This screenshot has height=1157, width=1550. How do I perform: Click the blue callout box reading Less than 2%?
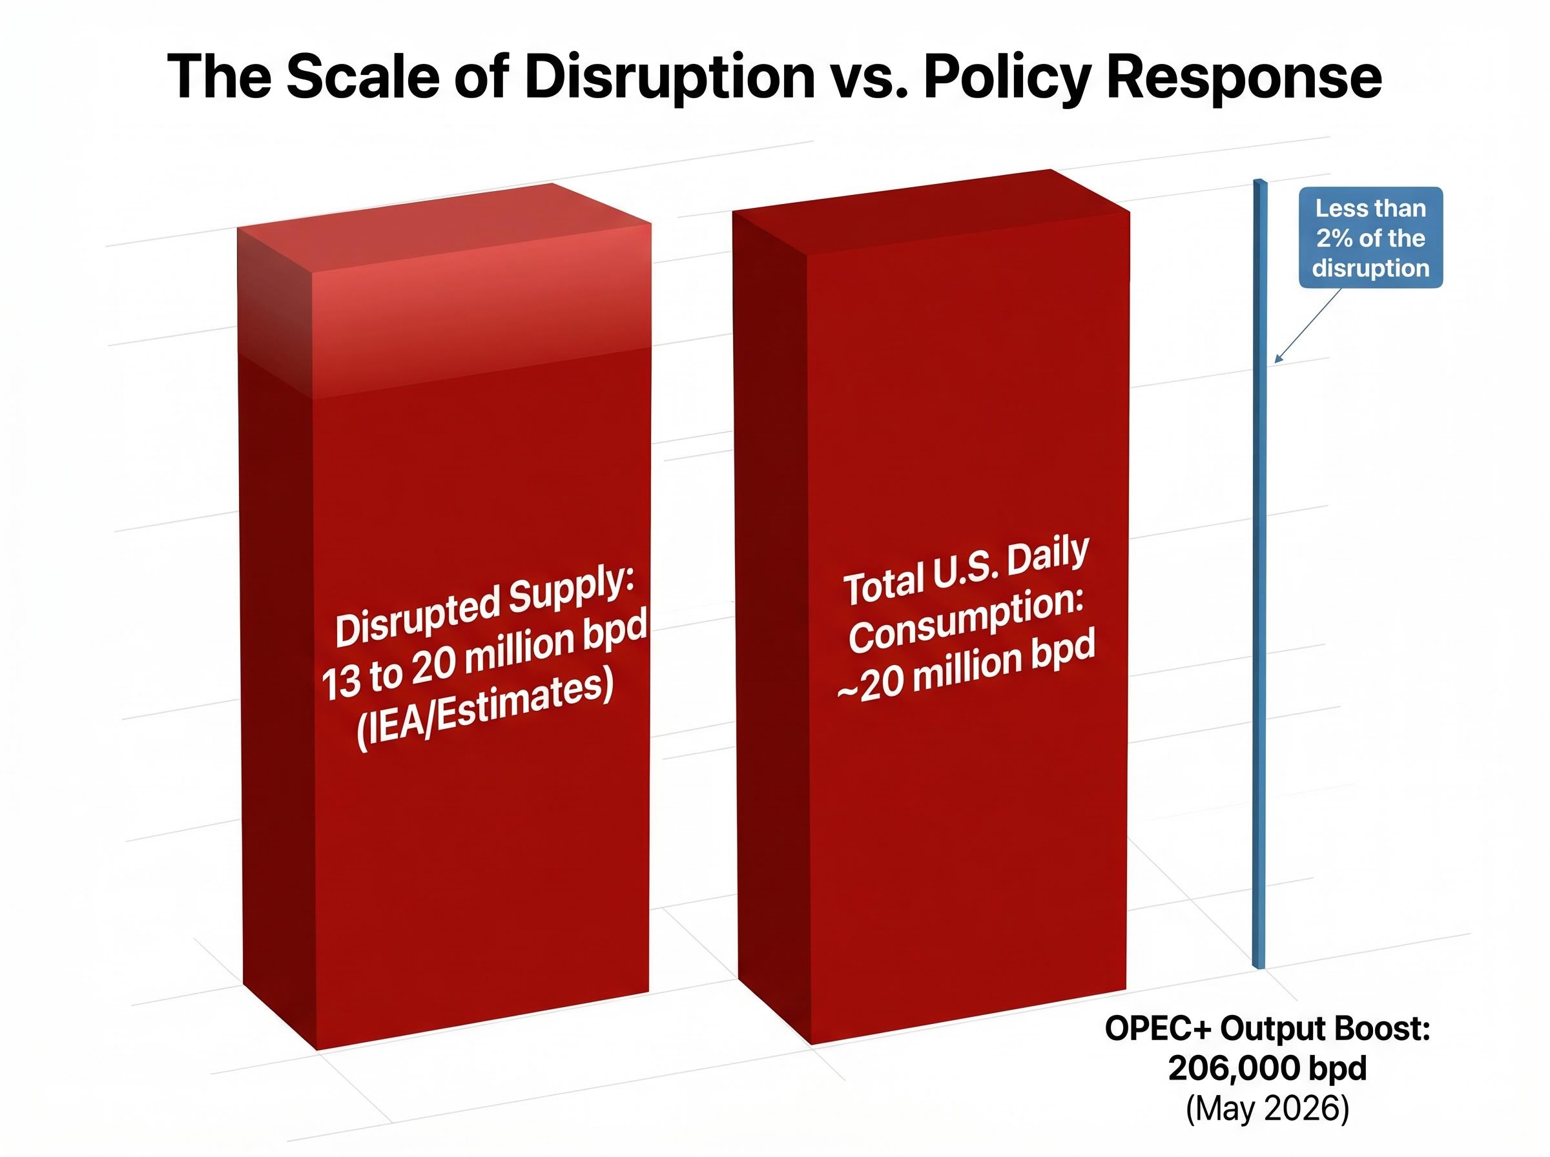1370,238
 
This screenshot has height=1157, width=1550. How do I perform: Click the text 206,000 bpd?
1267,1069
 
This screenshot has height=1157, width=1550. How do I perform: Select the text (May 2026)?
1267,1109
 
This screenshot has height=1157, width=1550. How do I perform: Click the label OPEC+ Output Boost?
1267,1029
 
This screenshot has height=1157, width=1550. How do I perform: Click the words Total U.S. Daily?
966,571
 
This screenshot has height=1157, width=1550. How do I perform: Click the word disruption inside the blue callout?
1370,268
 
